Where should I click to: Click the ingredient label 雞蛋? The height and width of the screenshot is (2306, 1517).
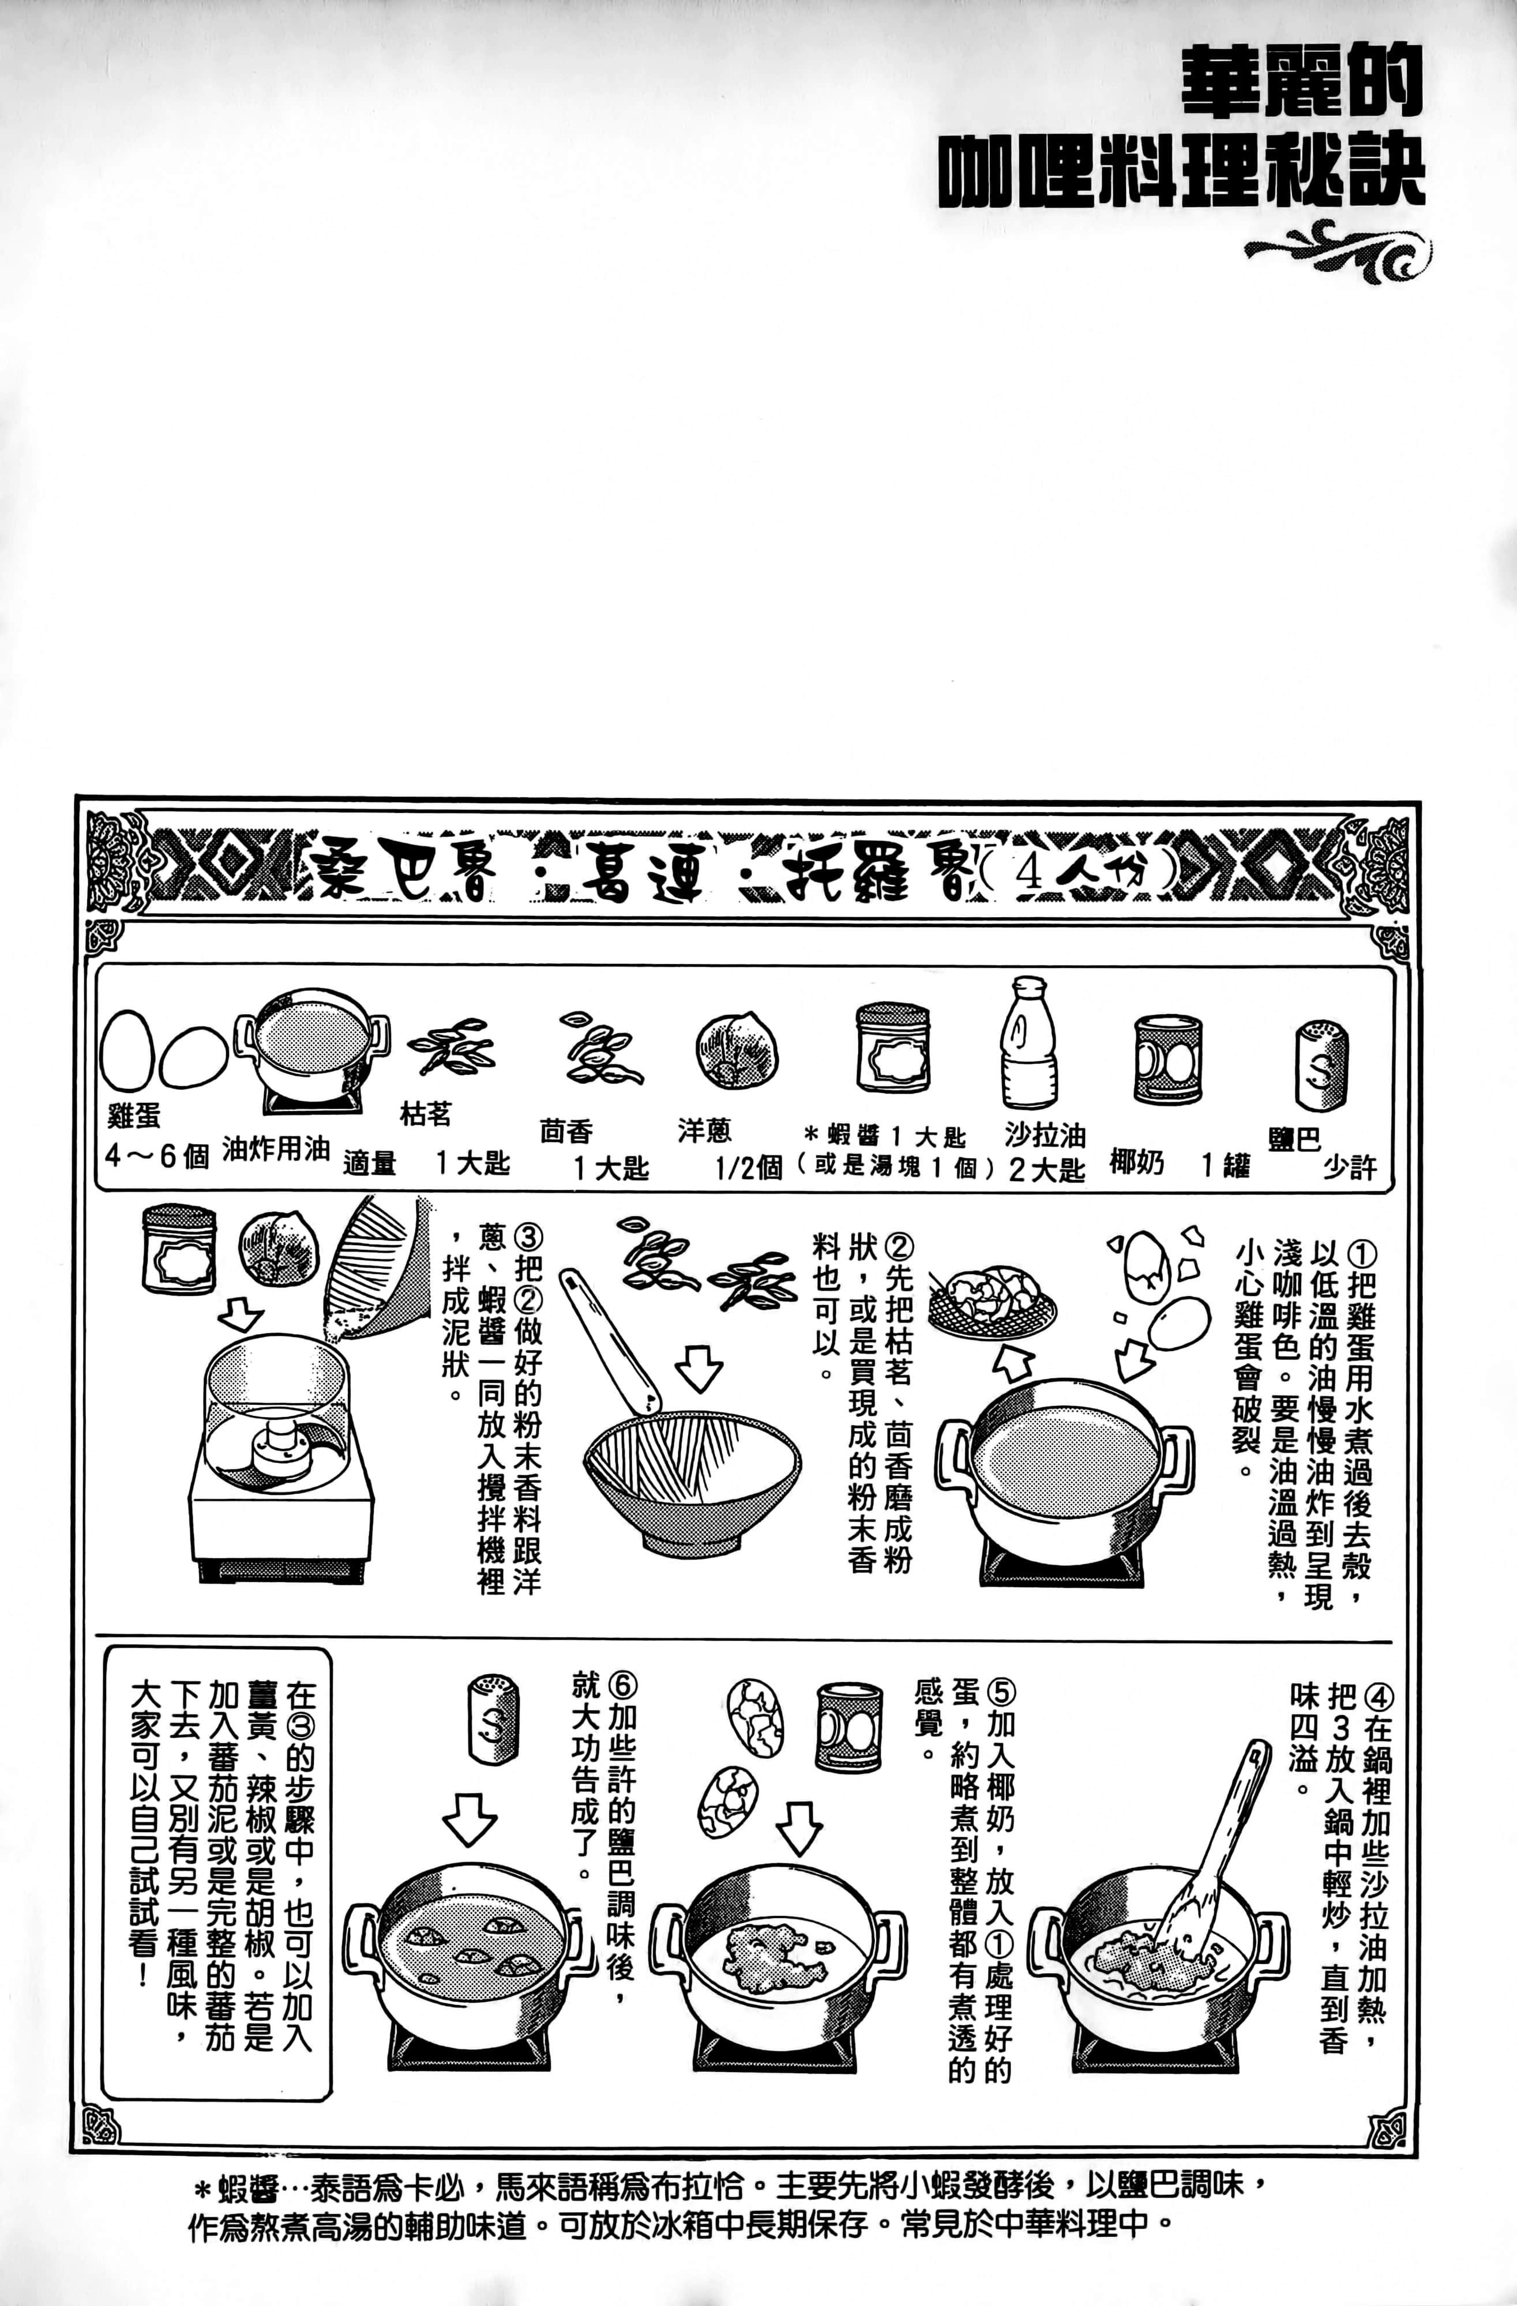134,1116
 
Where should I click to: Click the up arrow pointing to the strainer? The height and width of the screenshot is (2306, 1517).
1013,1362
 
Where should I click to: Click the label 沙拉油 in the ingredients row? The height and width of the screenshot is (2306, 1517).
1044,1133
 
